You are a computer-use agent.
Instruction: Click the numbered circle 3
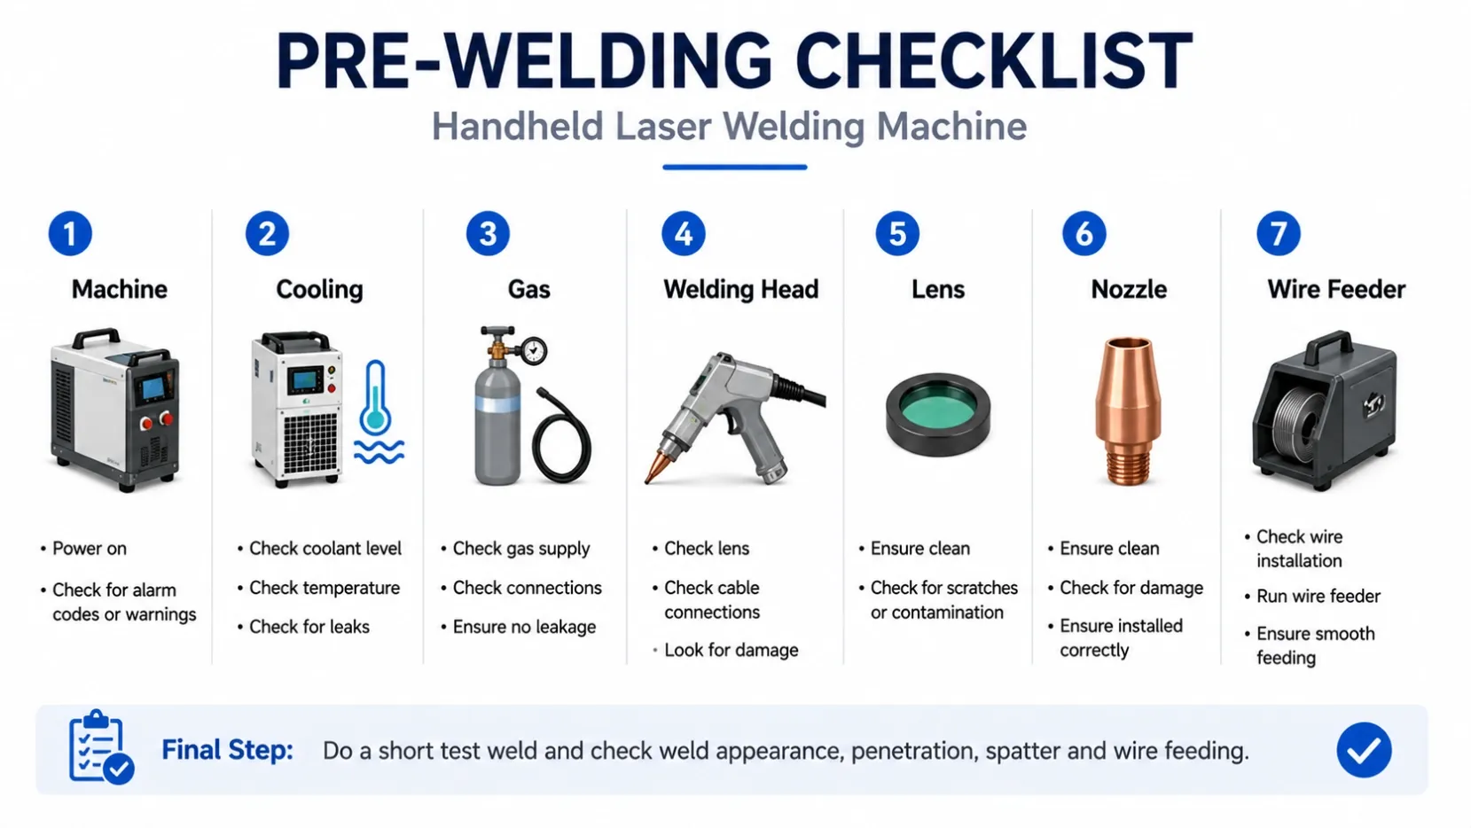(488, 234)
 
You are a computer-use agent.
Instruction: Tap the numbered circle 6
(1084, 234)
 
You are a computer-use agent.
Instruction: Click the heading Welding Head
(740, 290)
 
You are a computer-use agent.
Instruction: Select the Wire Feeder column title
(1336, 290)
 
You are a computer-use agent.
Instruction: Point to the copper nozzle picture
(1128, 411)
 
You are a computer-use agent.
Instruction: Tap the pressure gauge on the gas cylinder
(535, 351)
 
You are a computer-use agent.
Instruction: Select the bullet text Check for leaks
(309, 627)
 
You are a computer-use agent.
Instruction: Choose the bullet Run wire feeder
(1318, 597)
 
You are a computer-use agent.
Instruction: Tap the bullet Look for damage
(731, 650)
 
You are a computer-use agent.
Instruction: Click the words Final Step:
(227, 750)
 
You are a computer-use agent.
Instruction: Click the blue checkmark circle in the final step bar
(1364, 750)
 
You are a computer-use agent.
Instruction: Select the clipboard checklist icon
(100, 747)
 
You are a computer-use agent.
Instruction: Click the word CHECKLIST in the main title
(994, 60)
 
